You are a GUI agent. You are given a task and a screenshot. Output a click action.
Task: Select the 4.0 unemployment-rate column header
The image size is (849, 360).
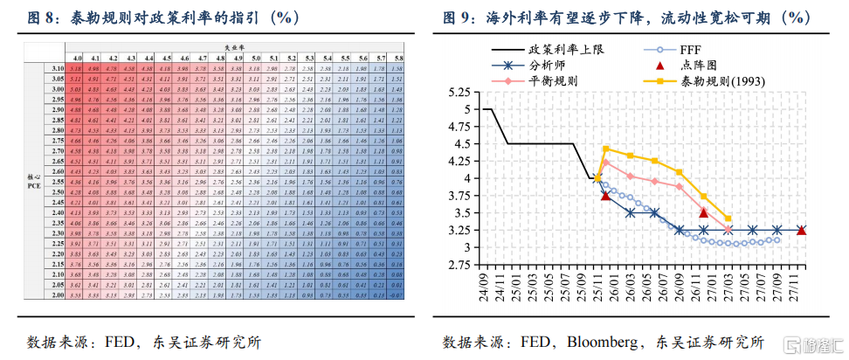pos(76,57)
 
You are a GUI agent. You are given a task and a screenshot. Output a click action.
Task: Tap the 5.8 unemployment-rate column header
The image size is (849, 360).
pos(398,57)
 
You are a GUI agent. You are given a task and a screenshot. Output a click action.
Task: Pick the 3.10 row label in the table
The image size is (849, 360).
pos(58,67)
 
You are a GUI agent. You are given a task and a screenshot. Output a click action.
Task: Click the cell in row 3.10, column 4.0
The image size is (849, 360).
pos(76,67)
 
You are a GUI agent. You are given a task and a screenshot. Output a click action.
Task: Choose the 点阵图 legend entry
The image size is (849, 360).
pos(709,66)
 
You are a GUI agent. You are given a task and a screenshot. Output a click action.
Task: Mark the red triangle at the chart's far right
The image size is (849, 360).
pos(802,230)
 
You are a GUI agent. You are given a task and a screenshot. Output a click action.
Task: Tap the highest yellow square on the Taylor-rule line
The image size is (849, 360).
pos(606,149)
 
